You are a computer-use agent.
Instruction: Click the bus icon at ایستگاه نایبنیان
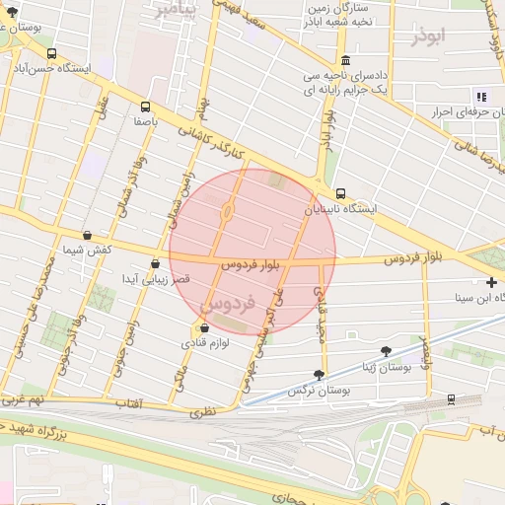click(x=340, y=193)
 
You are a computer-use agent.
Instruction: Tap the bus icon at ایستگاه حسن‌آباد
click(x=51, y=54)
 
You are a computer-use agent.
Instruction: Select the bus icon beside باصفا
click(x=146, y=106)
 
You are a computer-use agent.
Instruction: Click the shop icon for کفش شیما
click(x=88, y=236)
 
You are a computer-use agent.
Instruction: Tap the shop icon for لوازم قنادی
click(x=204, y=327)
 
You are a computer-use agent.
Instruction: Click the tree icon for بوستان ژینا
click(x=385, y=350)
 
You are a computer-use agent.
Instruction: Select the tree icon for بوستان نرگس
click(x=318, y=374)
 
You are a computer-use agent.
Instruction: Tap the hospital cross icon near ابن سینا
click(x=491, y=282)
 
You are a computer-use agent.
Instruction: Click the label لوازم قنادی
click(x=204, y=343)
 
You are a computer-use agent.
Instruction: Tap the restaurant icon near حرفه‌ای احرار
click(x=481, y=96)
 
